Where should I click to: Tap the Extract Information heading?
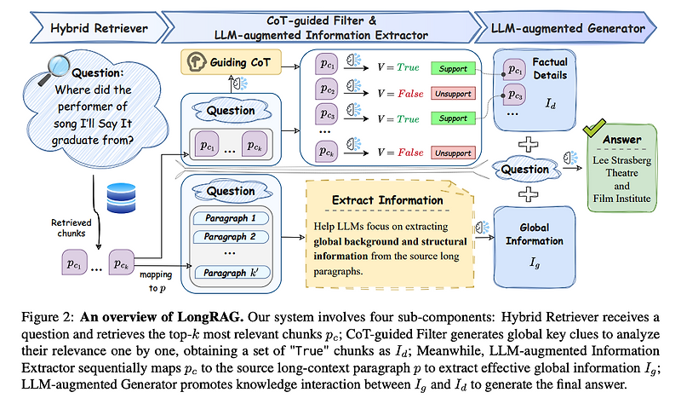386,200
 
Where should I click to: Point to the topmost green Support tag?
453,67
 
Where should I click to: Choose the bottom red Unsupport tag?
453,153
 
